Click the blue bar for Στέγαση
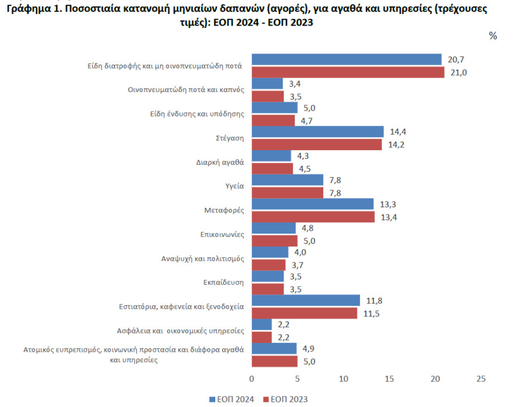[x=317, y=132]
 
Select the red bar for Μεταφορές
[x=313, y=217]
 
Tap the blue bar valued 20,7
[x=346, y=59]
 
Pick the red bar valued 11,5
[x=304, y=313]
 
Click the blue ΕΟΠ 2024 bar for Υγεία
[x=287, y=180]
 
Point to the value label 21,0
[x=459, y=73]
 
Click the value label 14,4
[x=398, y=132]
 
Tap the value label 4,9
[x=309, y=349]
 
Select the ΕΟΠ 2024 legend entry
[x=232, y=399]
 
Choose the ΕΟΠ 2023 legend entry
[x=285, y=399]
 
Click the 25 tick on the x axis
[x=481, y=379]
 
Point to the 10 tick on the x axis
[x=344, y=379]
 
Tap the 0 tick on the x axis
[x=252, y=379]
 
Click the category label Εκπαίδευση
[x=223, y=282]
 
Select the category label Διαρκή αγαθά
[x=220, y=162]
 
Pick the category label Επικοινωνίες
[x=222, y=235]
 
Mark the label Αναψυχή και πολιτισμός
[x=203, y=259]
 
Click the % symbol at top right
[x=493, y=36]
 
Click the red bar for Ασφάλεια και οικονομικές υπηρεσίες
[x=262, y=338]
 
